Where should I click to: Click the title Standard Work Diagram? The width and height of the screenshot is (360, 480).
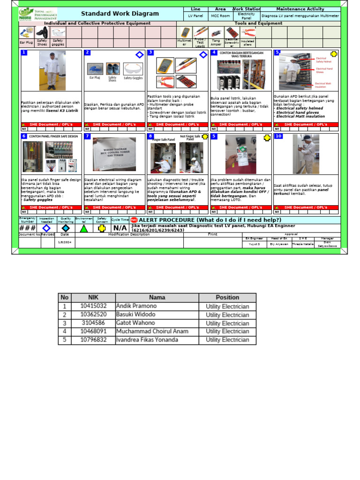120,14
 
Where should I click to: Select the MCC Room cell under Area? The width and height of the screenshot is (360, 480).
220,16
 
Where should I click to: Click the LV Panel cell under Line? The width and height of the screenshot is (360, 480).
195,16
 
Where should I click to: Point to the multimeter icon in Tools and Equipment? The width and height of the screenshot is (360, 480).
186,32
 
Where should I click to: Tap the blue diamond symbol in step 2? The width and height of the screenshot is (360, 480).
139,55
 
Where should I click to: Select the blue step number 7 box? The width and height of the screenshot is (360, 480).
87,136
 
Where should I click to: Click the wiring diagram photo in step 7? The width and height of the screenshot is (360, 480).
114,154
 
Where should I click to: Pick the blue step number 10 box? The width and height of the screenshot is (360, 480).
278,136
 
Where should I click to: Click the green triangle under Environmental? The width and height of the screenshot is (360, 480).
83,228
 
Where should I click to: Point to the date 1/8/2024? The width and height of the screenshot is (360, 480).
65,242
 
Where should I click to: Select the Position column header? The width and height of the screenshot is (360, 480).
227,297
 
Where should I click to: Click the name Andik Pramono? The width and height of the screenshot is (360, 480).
136,306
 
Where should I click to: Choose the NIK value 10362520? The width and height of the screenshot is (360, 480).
93,315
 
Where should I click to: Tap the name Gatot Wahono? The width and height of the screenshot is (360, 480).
135,323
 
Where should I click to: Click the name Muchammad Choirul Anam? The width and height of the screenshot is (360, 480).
152,331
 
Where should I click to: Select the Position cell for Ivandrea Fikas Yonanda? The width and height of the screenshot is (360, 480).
227,340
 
